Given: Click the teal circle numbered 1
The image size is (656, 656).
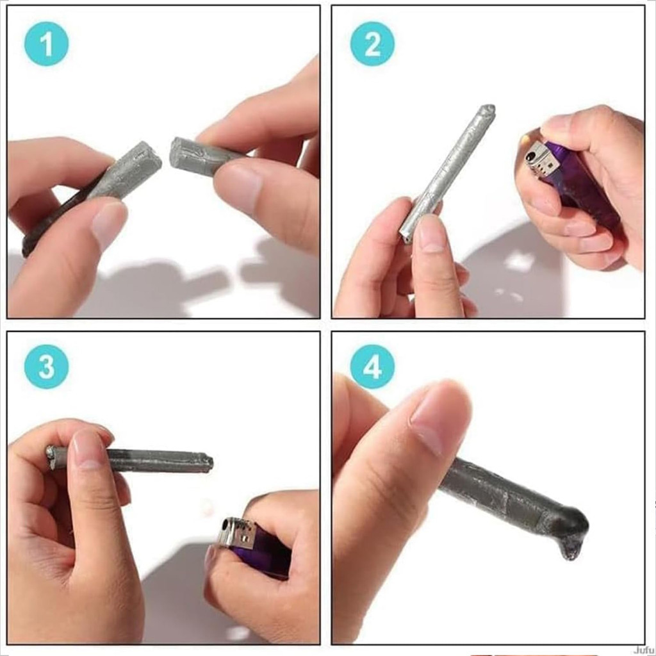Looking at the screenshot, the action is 46,44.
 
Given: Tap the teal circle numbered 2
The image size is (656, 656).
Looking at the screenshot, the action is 372,44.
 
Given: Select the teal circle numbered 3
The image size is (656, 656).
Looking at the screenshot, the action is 46,366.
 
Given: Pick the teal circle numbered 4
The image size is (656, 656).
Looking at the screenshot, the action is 372,366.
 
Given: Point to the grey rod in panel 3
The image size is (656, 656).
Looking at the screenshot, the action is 129,459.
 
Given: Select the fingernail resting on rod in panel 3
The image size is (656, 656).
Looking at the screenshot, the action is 88,450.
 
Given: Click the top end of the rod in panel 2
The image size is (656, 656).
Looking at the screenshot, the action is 489,109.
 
